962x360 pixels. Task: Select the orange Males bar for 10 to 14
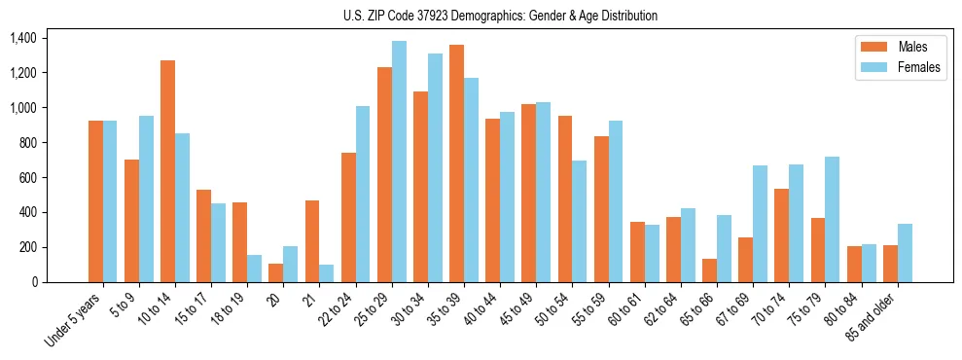tap(168, 171)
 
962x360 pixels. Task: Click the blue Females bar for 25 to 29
tap(399, 162)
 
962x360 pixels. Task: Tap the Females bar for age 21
tap(327, 273)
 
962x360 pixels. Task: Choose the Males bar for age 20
tap(276, 272)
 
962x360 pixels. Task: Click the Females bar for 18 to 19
tap(254, 269)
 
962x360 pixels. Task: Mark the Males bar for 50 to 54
tap(565, 199)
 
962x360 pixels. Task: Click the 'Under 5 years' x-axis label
tap(74, 322)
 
